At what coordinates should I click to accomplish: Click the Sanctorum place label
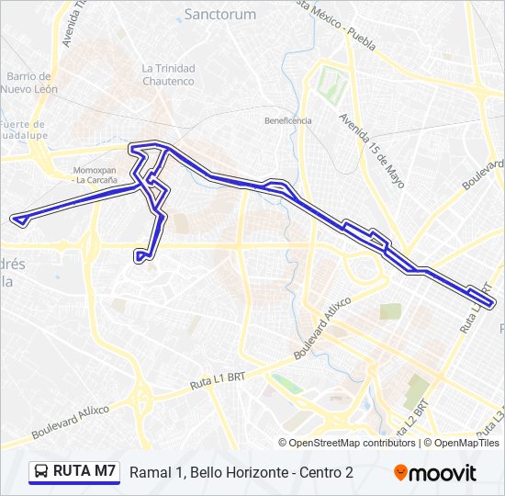[x=220, y=14]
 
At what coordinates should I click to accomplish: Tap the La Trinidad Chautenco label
[x=168, y=74]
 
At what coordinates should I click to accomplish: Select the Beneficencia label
[x=288, y=120]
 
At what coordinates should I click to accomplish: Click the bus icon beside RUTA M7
[x=41, y=472]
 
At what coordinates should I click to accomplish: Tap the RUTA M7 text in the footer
[x=84, y=471]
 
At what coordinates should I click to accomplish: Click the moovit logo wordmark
[x=443, y=473]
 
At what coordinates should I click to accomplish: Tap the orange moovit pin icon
[x=400, y=473]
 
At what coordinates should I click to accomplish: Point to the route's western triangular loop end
[x=17, y=219]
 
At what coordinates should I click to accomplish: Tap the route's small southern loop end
[x=140, y=256]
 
